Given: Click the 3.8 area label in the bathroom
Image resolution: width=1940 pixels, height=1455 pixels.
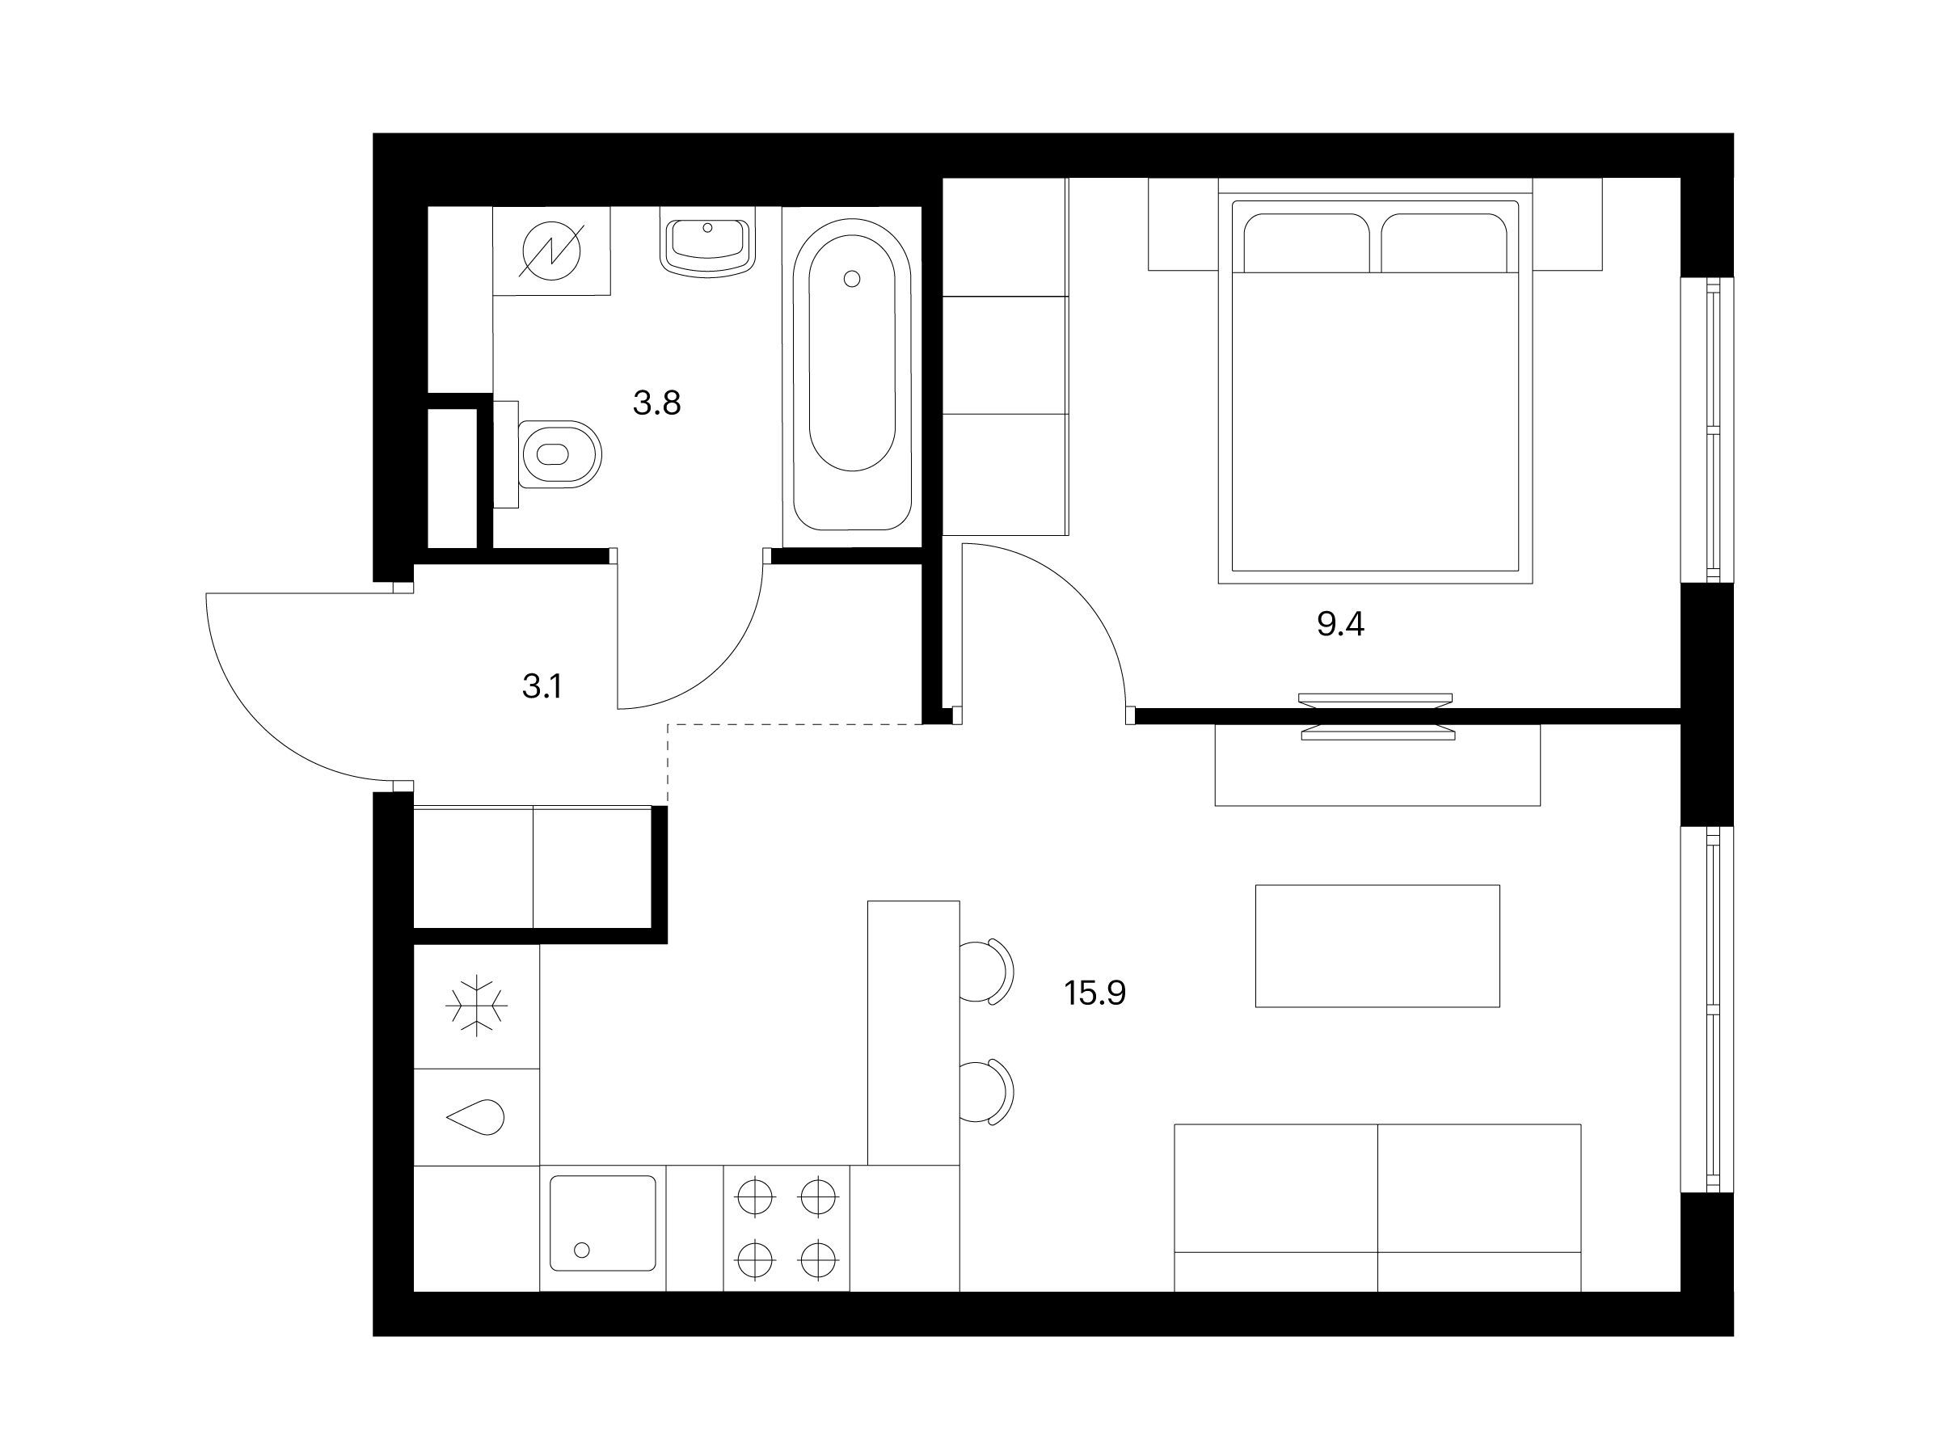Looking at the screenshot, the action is click(x=657, y=403).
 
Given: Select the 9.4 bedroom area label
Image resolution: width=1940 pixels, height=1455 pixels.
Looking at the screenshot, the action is click(x=1341, y=625).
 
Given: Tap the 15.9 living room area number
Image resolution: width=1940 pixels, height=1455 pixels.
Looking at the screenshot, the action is click(x=1095, y=993).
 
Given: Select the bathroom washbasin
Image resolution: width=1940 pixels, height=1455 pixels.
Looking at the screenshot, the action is click(x=708, y=247).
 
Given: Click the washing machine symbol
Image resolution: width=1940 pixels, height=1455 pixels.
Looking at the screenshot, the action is click(x=551, y=251).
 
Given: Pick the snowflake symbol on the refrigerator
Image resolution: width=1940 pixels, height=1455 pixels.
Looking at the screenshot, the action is click(x=476, y=1006).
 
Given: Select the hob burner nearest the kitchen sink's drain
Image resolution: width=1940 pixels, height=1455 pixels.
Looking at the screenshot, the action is click(x=755, y=1261).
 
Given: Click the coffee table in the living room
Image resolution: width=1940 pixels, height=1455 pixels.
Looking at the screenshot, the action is click(x=1377, y=946).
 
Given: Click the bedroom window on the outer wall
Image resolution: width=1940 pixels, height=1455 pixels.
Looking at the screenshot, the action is click(x=1706, y=430).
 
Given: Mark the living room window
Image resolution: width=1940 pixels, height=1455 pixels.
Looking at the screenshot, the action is click(x=1706, y=1010).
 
